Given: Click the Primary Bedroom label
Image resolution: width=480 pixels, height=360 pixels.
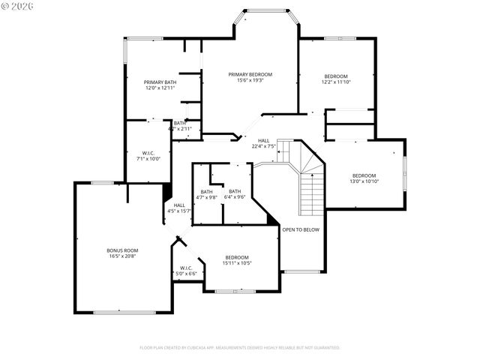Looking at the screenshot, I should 250,74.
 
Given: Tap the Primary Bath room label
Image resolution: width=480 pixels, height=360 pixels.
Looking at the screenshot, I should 160,82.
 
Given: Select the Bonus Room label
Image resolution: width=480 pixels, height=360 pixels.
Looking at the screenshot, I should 121,250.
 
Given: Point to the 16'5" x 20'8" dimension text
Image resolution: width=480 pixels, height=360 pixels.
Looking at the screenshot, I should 121,256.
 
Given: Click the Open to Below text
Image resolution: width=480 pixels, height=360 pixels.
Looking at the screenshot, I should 301,229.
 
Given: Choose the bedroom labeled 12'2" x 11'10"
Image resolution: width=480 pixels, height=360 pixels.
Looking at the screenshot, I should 336,76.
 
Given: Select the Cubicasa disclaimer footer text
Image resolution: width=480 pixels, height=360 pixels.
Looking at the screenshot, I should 240,348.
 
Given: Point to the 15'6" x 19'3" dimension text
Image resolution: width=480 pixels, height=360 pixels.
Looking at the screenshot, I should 250,80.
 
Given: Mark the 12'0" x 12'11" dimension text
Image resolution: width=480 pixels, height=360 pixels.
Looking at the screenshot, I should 160,88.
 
